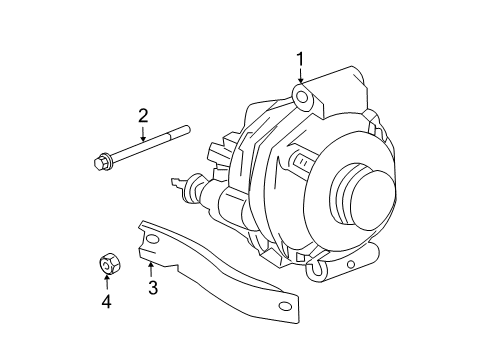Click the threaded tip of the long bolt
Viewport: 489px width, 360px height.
[186, 130]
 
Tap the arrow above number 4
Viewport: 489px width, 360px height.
[105, 281]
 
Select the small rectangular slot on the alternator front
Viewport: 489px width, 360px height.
[297, 161]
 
